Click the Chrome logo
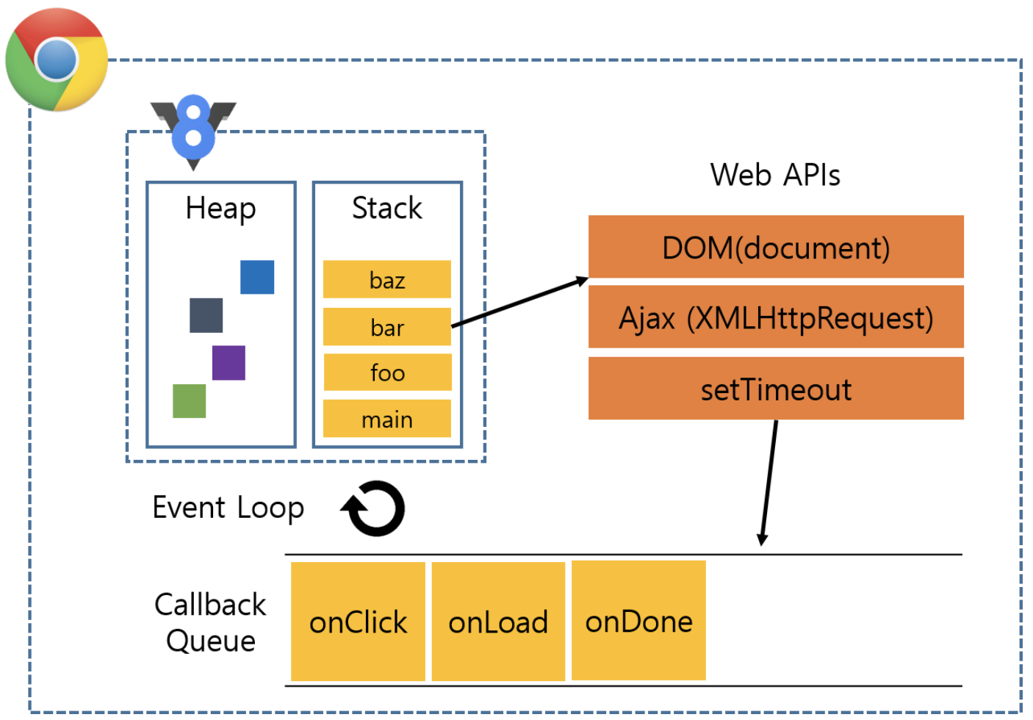click(57, 60)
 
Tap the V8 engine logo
click(193, 129)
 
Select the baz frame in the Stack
click(387, 279)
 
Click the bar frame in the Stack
click(387, 327)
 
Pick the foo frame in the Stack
click(387, 372)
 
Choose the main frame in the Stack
click(387, 419)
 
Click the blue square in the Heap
click(257, 277)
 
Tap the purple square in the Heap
click(228, 363)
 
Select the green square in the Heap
click(189, 401)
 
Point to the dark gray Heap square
click(206, 315)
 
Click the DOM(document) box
click(776, 247)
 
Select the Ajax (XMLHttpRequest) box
click(776, 317)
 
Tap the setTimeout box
click(776, 389)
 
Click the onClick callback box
click(358, 622)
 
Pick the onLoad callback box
click(498, 622)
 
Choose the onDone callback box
click(638, 621)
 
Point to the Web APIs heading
click(775, 175)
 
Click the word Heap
click(220, 208)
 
